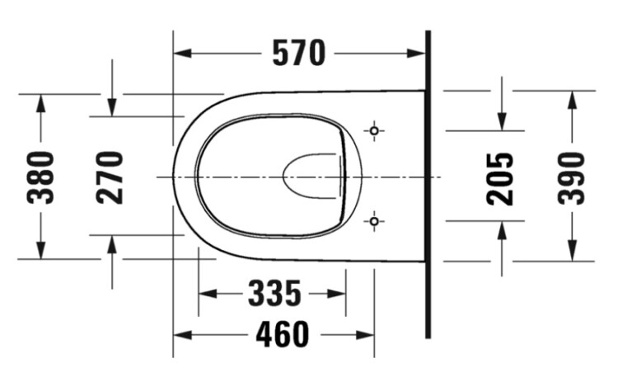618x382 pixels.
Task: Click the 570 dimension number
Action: [299, 54]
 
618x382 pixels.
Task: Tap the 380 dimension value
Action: [40, 177]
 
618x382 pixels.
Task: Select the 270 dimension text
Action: [110, 177]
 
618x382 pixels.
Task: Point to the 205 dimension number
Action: [500, 179]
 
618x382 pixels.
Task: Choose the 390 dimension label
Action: [572, 179]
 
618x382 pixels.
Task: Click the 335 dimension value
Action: [274, 294]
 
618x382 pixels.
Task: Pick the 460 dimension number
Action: [283, 335]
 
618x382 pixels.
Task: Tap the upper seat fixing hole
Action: [374, 130]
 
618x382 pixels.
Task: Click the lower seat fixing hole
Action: [374, 221]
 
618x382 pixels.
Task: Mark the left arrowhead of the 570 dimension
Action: [182, 54]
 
